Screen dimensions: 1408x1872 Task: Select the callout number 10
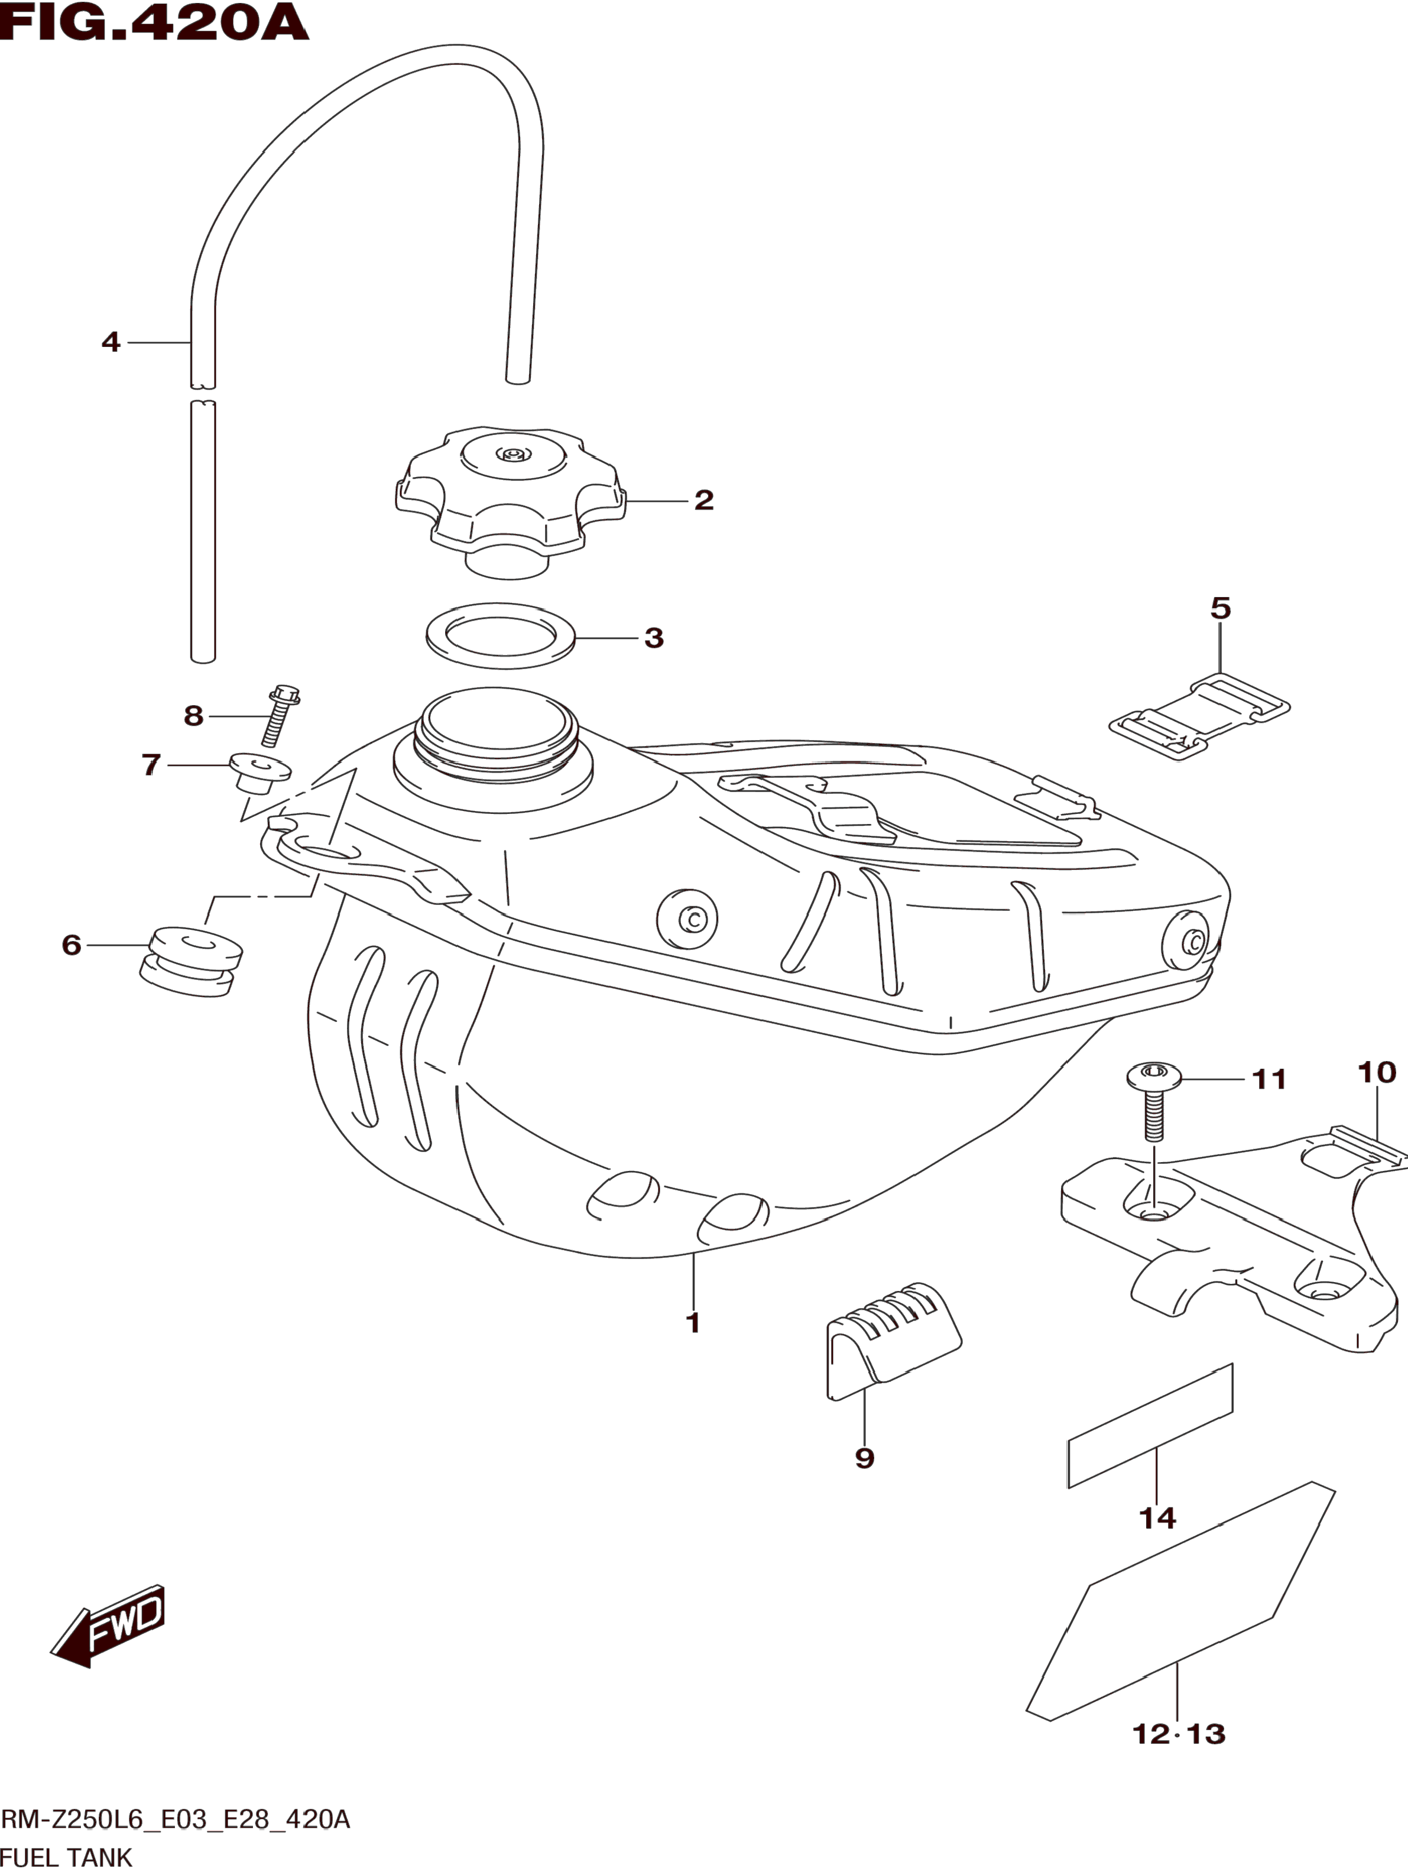pyautogui.click(x=1377, y=1072)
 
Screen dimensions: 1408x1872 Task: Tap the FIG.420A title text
pyautogui.click(x=154, y=22)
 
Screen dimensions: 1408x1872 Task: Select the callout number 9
pyautogui.click(x=864, y=1458)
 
